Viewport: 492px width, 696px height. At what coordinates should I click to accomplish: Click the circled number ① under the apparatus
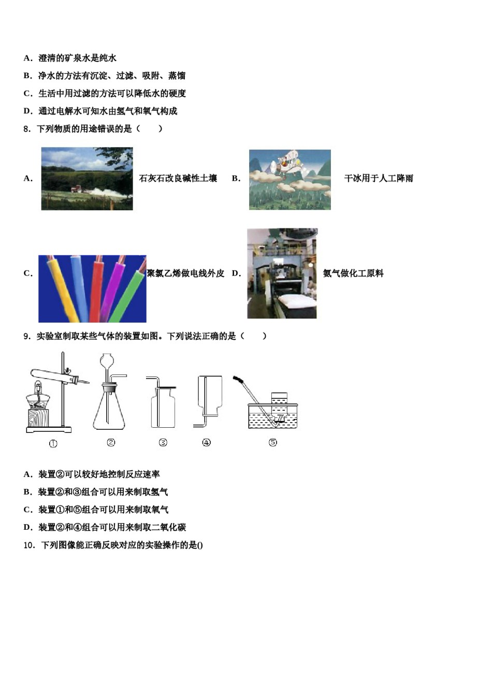53,444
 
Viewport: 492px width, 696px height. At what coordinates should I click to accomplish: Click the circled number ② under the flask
111,442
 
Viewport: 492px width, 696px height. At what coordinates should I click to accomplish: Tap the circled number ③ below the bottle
163,442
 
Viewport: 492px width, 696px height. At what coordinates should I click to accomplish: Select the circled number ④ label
207,442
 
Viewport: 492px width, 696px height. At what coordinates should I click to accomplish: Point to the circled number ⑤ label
273,442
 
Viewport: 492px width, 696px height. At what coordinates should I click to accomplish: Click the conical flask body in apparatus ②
109,412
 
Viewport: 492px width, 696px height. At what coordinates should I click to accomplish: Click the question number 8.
27,129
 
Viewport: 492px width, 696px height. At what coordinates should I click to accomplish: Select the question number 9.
27,337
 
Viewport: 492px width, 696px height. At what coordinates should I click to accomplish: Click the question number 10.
29,545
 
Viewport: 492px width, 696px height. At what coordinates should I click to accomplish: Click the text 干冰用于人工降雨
379,179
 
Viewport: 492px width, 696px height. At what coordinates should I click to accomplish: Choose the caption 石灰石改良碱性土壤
178,179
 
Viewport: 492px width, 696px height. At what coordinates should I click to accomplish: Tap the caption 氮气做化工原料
353,273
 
